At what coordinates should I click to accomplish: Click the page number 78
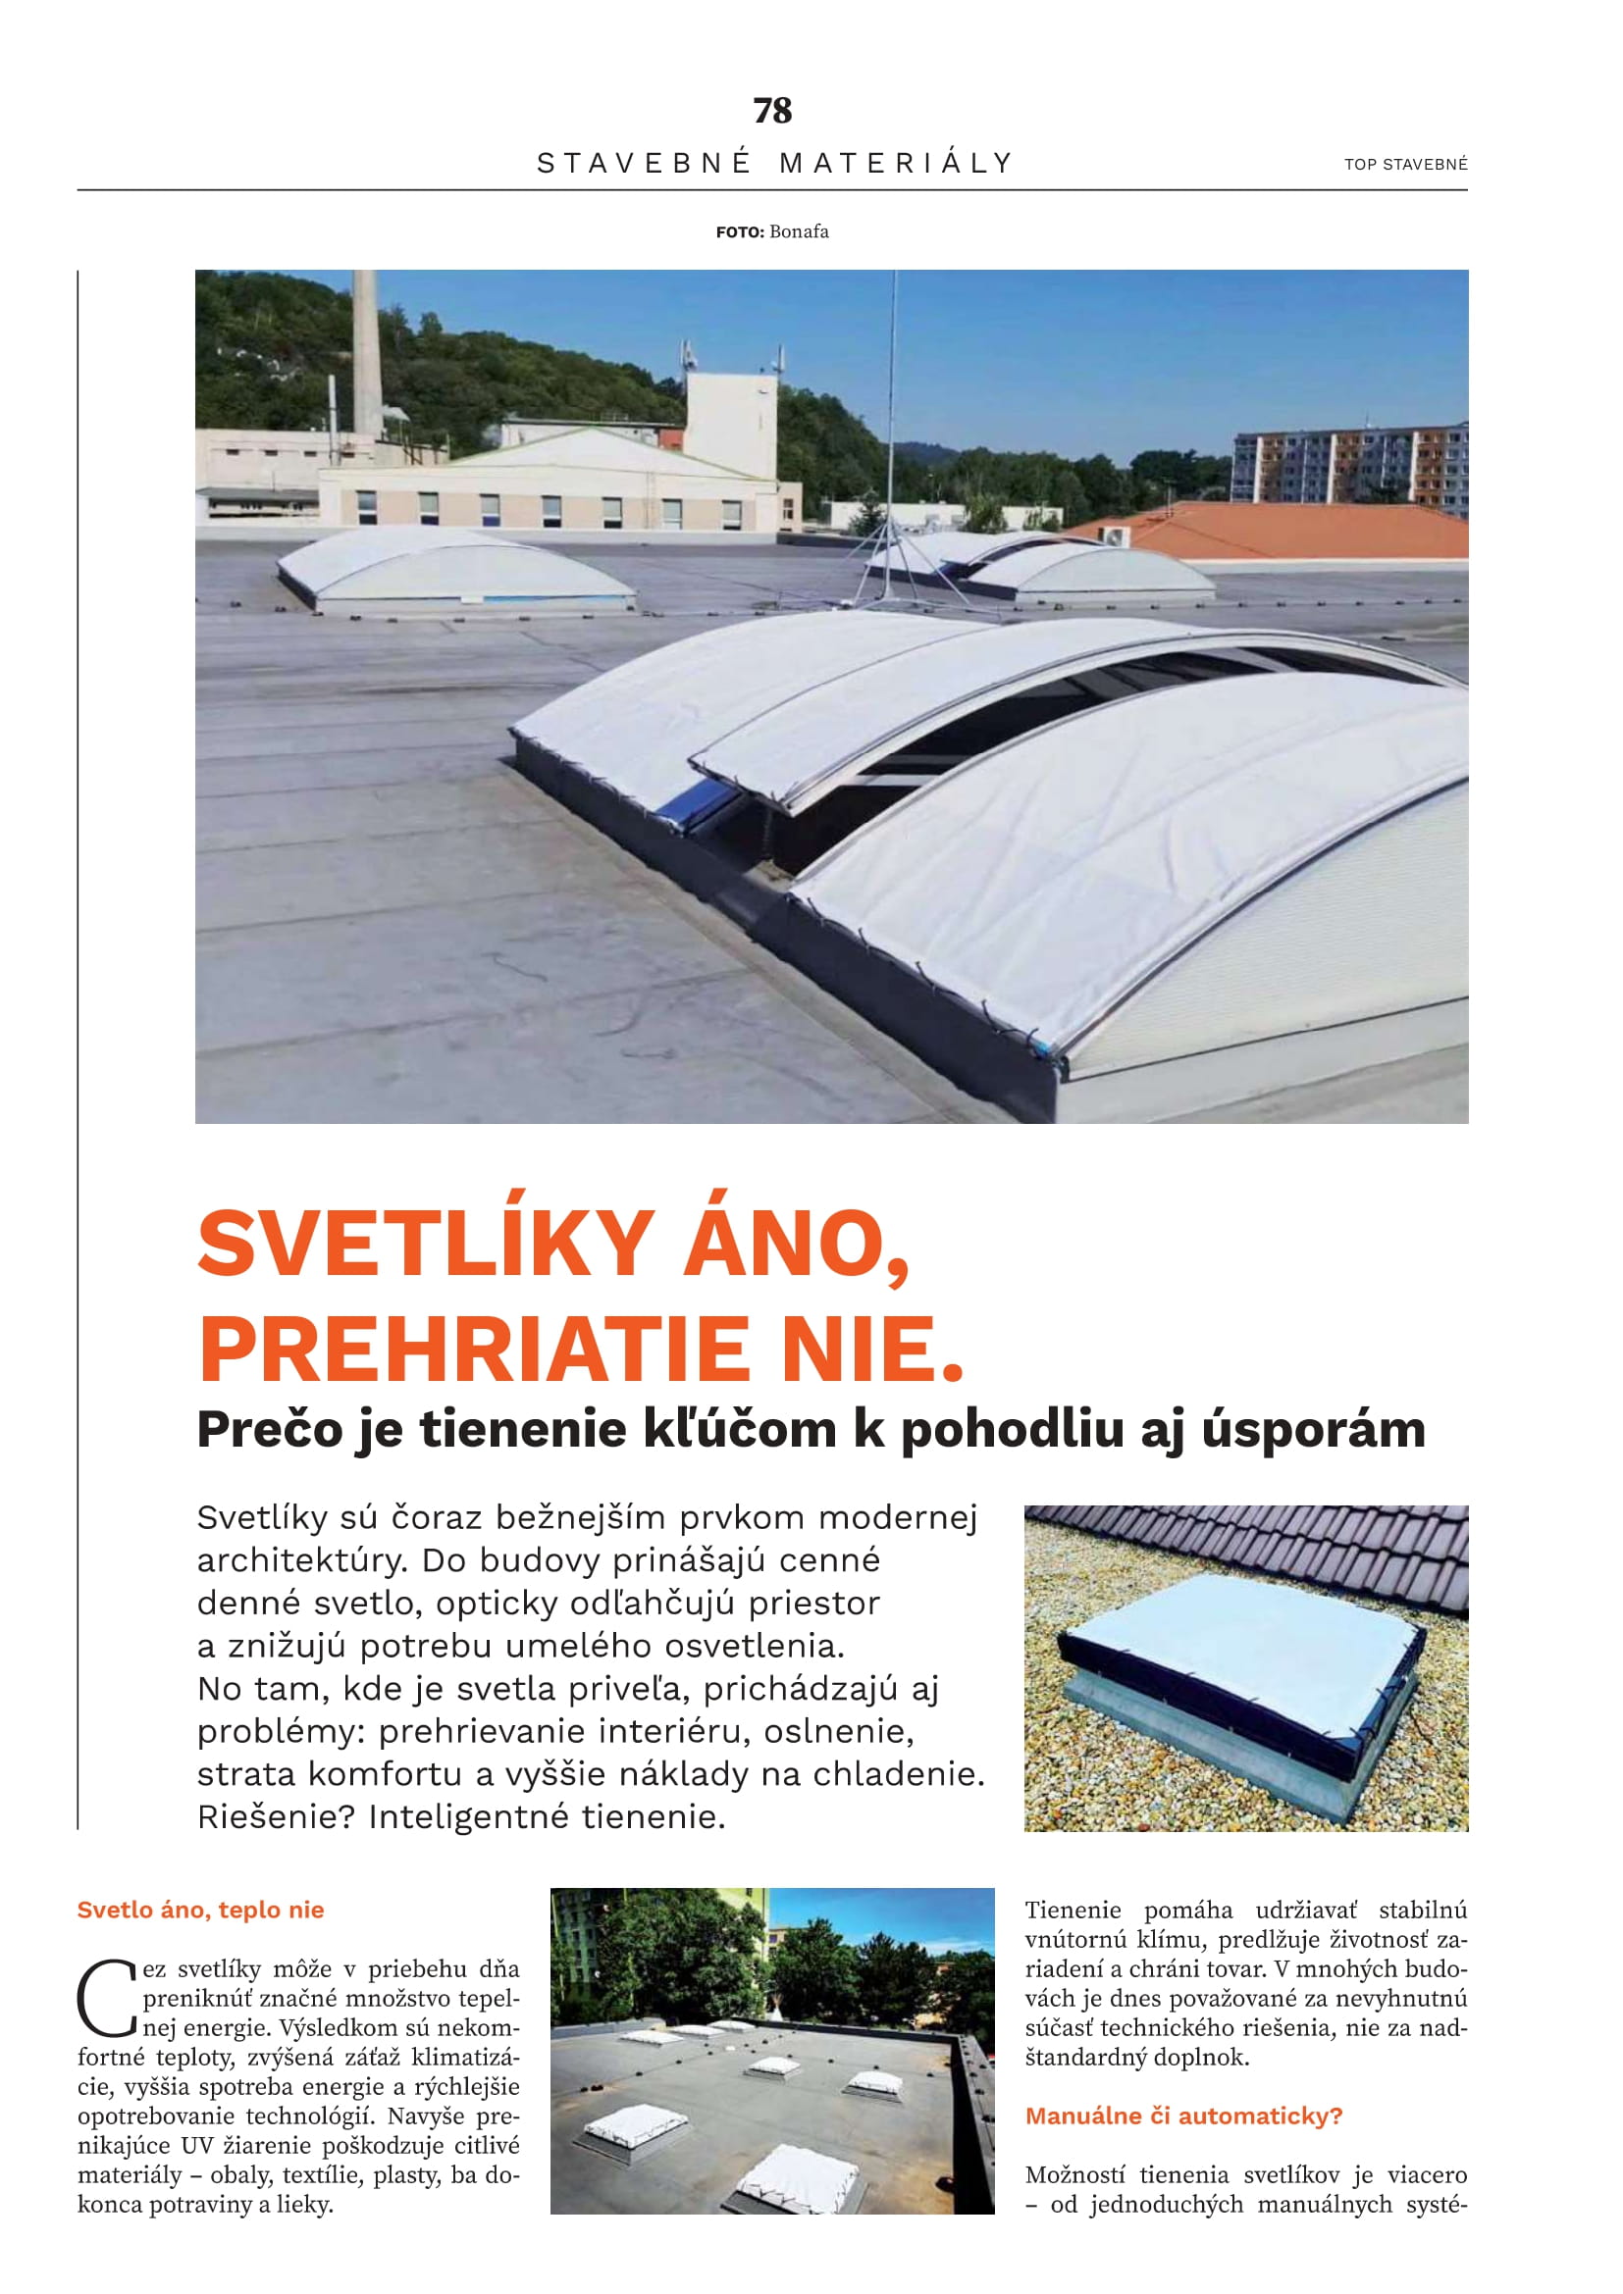771,110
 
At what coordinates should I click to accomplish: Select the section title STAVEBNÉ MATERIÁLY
774,163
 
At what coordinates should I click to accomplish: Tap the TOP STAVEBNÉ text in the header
1405,164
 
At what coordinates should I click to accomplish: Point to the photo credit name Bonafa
799,231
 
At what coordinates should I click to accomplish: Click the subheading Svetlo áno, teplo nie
201,1910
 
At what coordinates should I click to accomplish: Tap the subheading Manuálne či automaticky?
1183,2116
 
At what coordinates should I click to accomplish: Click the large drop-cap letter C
106,1998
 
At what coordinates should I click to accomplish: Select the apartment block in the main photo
1349,465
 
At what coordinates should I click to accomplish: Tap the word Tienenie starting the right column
1073,1911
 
